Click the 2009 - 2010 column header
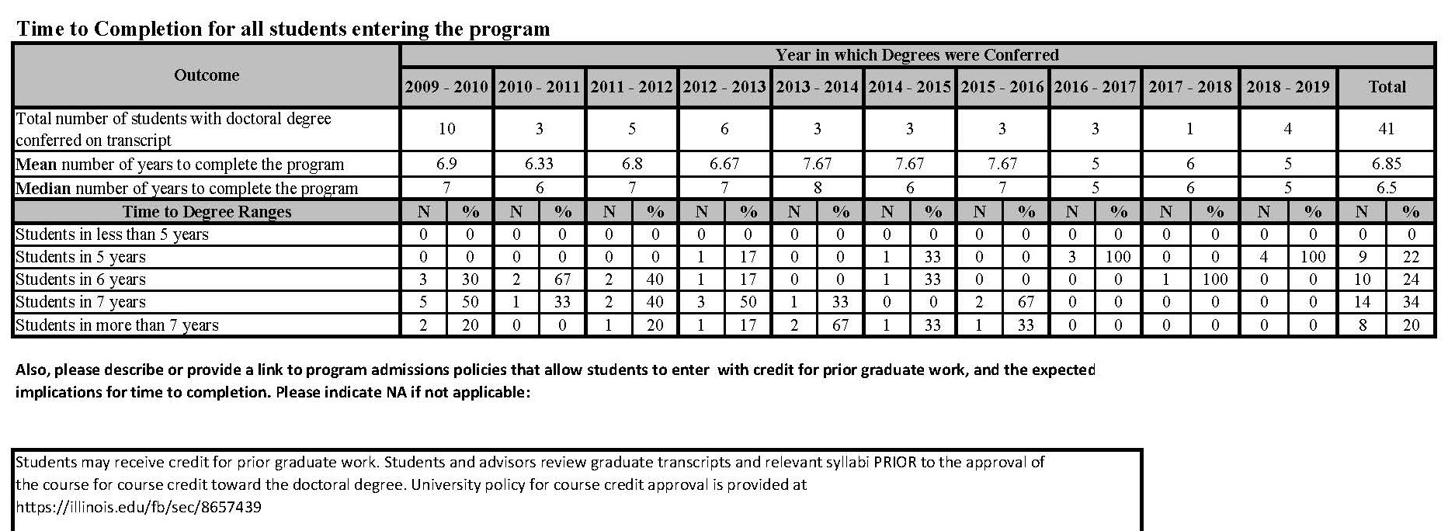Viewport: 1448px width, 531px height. tap(446, 87)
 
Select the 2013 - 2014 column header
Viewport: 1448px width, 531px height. tap(817, 87)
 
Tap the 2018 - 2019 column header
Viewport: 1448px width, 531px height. tap(1288, 87)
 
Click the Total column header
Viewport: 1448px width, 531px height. tap(1387, 87)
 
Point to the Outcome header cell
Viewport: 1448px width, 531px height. tap(207, 75)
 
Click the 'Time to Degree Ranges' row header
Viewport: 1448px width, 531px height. tap(207, 212)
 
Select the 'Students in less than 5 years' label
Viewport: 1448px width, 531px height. tap(112, 234)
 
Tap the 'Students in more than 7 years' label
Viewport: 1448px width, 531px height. tap(117, 325)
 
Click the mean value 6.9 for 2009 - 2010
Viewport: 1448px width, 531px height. tap(446, 164)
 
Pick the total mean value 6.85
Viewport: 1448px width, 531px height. tap(1387, 164)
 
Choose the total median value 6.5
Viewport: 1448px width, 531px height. tap(1387, 188)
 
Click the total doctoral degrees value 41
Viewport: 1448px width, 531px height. tap(1387, 129)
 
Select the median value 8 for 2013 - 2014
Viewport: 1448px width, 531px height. tap(817, 188)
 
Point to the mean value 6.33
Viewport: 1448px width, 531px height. tap(539, 164)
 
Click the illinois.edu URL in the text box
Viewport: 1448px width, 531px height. tap(138, 508)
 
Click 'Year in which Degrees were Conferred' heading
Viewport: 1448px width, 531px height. tap(917, 55)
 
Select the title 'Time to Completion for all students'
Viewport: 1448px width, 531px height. tap(283, 29)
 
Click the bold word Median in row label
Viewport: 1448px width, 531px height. tap(43, 189)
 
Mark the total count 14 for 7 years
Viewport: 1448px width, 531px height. tap(1362, 302)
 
